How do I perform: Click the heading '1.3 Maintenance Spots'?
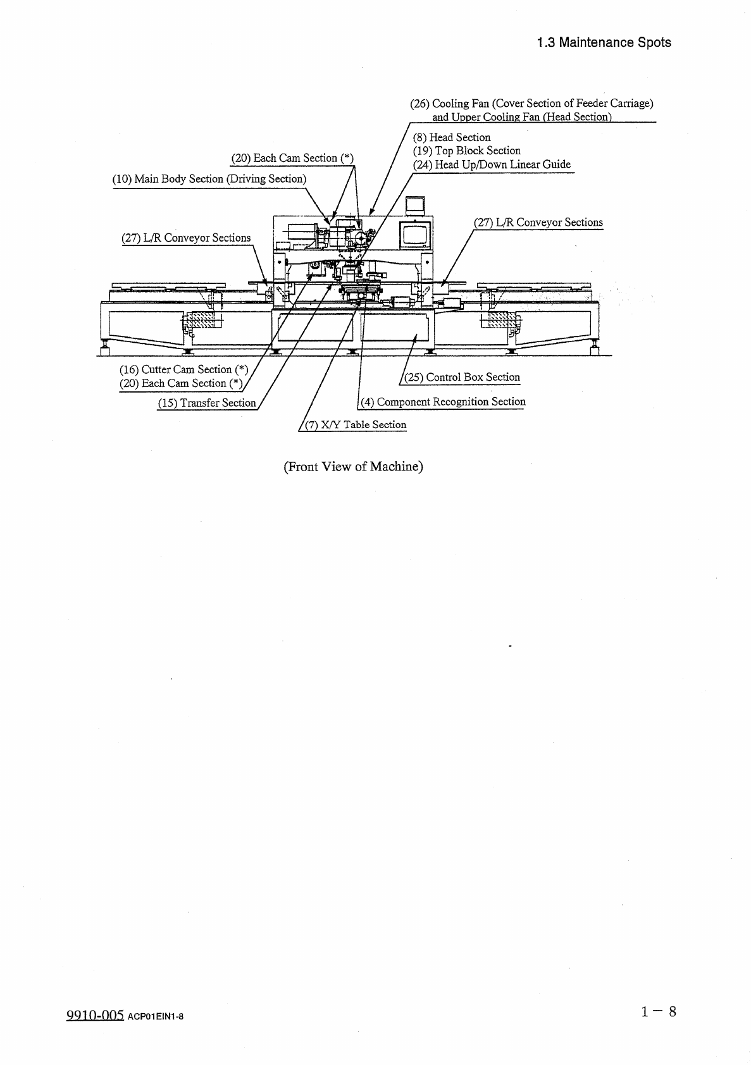coord(604,42)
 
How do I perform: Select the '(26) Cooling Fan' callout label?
coord(531,103)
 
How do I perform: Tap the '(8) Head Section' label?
coord(452,137)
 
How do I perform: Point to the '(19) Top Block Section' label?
coord(467,151)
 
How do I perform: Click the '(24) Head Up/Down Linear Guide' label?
coord(492,164)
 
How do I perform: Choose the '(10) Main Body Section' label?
coord(209,179)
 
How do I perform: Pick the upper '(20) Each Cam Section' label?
coord(292,158)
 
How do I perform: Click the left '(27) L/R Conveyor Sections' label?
coord(186,238)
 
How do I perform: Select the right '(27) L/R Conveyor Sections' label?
coord(538,222)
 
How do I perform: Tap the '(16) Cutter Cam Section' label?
coord(183,369)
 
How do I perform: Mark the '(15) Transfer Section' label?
coord(207,403)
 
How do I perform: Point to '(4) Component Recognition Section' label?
coord(443,402)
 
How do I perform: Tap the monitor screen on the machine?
coord(415,234)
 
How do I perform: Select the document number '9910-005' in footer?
coord(94,1016)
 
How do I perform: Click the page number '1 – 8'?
coord(659,1011)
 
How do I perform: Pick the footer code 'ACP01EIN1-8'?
coord(156,1017)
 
